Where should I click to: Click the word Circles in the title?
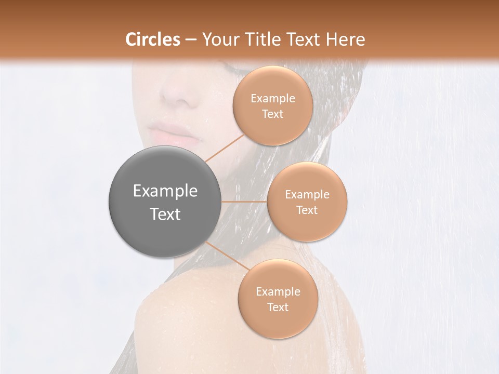pos(153,39)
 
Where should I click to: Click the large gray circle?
pos(165,202)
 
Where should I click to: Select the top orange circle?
pos(273,106)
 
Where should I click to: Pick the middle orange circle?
pos(307,202)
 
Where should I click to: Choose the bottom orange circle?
pos(278,299)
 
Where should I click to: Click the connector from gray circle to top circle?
pos(225,148)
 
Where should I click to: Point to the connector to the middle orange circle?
pos(244,202)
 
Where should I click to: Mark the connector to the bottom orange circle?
pos(227,257)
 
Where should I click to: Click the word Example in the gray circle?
pos(165,191)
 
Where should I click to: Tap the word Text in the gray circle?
pos(165,214)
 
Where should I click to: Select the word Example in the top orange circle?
pos(273,99)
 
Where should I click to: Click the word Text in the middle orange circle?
pos(307,210)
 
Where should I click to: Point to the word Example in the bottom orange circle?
pos(278,292)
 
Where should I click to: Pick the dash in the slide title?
pos(191,39)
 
